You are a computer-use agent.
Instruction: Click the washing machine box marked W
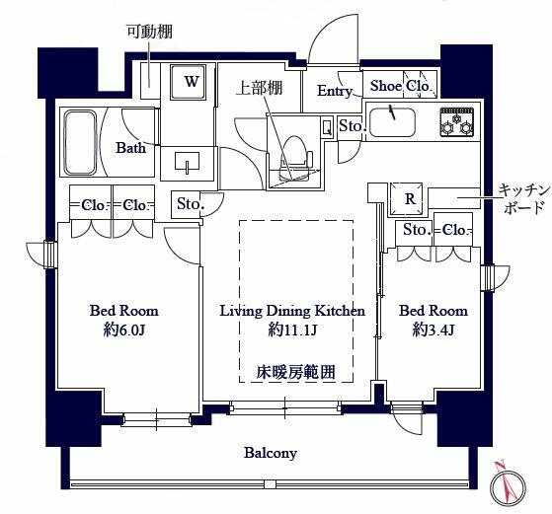191,83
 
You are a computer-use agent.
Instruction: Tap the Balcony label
271,453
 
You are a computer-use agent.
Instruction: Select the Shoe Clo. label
399,87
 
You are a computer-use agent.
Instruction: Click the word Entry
335,91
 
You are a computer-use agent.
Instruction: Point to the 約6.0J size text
118,330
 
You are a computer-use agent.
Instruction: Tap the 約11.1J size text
291,330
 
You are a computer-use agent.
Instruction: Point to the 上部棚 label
260,87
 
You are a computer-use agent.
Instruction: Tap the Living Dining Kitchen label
292,311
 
